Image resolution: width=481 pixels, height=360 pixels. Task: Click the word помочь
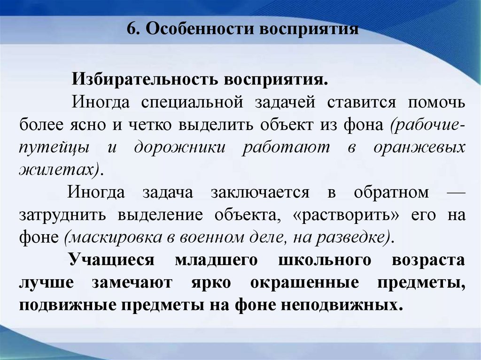[436, 102]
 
